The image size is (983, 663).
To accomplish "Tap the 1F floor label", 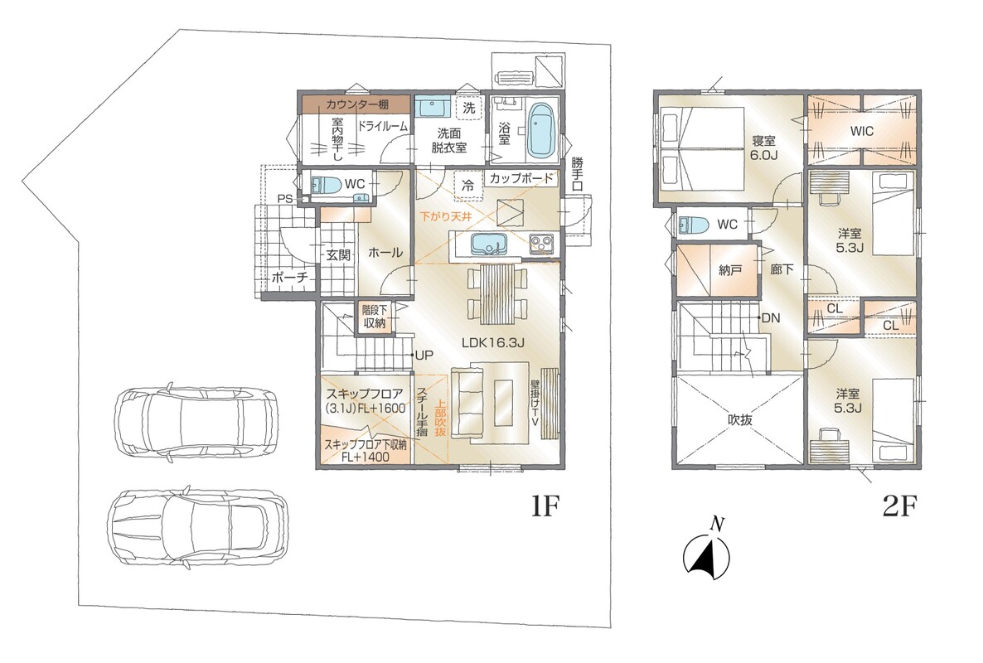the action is click(545, 506).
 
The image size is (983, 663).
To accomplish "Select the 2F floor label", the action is click(900, 506).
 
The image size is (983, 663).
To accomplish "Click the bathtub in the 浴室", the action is click(539, 132).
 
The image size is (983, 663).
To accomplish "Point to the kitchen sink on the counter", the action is click(487, 243).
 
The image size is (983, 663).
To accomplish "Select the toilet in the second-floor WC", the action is click(694, 225).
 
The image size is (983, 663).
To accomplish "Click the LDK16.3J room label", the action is click(493, 343).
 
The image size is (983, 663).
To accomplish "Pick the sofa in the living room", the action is click(467, 403).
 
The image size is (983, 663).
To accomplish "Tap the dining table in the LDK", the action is click(496, 294).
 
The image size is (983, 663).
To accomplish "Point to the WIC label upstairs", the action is click(861, 132).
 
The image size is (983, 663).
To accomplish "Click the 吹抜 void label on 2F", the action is click(740, 420).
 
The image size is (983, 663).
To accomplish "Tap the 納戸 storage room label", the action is click(730, 270).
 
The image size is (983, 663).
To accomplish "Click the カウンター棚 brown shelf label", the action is click(356, 104).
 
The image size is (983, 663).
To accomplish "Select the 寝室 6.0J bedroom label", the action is click(764, 148).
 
